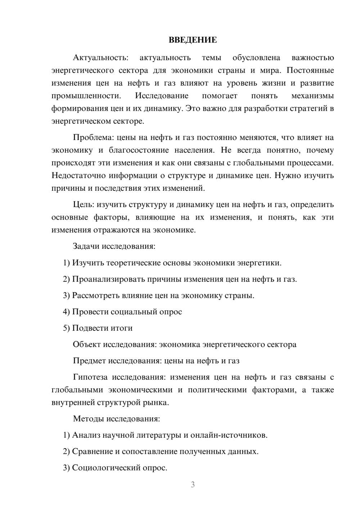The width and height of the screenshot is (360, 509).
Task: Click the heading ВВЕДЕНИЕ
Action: pyautogui.click(x=193, y=40)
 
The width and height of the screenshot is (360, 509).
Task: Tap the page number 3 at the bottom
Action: pyautogui.click(x=193, y=485)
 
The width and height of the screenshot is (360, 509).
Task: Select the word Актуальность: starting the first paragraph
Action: pyautogui.click(x=100, y=58)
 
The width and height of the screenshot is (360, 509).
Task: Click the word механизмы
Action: pyautogui.click(x=312, y=96)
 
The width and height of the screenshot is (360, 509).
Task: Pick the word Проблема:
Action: pyautogui.click(x=94, y=138)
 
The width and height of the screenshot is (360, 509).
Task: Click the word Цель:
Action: pyautogui.click(x=84, y=205)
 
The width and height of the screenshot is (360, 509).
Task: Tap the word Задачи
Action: pyautogui.click(x=86, y=247)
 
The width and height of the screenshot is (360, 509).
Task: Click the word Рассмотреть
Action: pyautogui.click(x=94, y=296)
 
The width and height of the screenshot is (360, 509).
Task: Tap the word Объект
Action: pyautogui.click(x=87, y=344)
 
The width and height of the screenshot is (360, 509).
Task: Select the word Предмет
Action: pyautogui.click(x=89, y=361)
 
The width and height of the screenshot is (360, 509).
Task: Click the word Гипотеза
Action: pyautogui.click(x=90, y=377)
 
